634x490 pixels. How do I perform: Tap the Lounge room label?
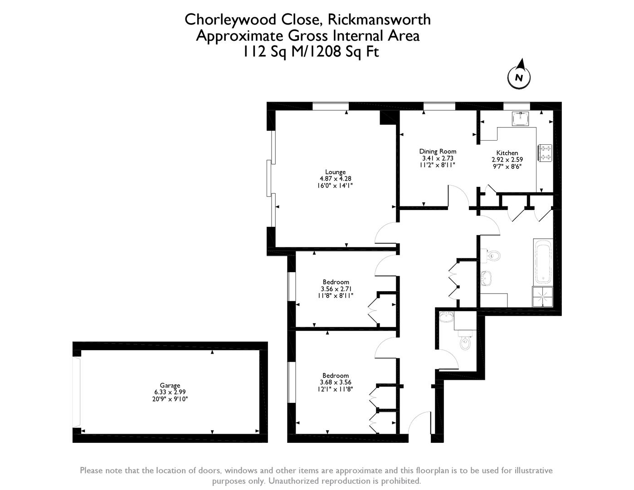coord(335,172)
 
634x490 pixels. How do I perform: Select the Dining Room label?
coord(438,152)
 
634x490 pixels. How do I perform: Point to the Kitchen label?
coord(507,153)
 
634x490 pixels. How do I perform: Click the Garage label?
coord(170,385)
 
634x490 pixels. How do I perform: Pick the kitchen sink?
coord(520,118)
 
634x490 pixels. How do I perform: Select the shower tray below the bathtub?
coord(543,297)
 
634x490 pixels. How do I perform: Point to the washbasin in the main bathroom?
coord(486,278)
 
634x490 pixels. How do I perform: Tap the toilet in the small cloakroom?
coord(465,339)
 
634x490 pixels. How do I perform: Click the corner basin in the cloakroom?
coord(446,317)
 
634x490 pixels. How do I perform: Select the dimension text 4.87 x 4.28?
coord(335,179)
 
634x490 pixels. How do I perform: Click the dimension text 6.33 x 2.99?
coord(170,392)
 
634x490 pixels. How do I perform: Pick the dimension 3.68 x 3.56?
coord(336,382)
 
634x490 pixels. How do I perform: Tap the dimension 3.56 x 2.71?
coord(336,289)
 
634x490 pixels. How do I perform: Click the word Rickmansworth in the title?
coord(379,20)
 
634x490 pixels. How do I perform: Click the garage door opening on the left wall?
coord(77,392)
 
